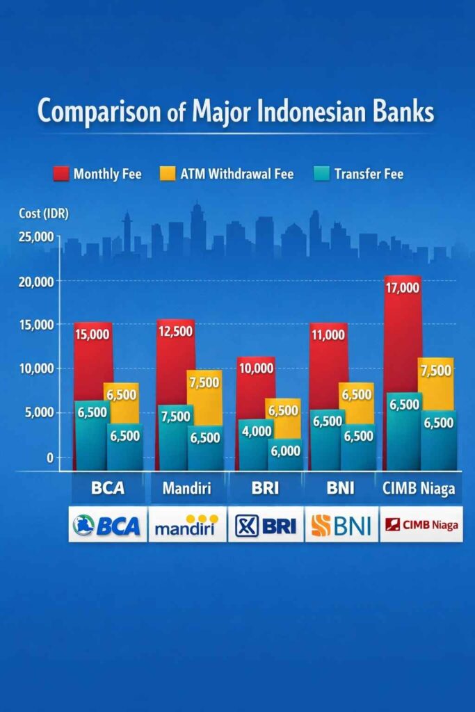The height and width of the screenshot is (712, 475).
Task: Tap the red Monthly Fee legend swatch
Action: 61,173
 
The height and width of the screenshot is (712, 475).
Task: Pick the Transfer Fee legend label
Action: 368,174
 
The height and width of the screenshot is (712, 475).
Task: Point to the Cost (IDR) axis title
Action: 43,213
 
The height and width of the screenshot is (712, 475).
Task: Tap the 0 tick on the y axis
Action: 49,458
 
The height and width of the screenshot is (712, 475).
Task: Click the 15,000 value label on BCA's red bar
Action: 92,334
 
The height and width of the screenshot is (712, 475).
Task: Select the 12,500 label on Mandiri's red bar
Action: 175,332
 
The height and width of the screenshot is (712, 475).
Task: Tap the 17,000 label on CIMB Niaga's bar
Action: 402,287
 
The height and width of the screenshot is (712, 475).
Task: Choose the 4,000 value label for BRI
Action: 256,431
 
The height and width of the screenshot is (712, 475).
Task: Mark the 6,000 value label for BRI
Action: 285,451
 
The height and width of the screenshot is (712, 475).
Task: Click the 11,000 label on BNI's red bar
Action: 328,334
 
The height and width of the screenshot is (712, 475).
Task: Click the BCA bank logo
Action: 108,526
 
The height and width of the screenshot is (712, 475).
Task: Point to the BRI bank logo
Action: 267,526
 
